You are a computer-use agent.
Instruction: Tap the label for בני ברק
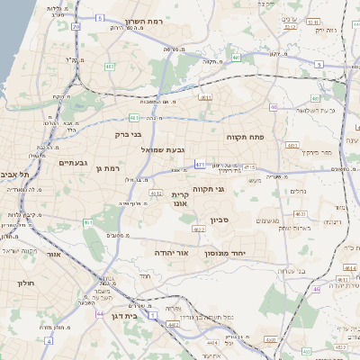coord(129,135)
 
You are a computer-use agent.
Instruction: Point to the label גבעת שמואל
coord(162,150)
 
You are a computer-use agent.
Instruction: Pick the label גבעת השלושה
coord(316,110)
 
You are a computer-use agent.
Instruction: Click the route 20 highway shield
coord(76,27)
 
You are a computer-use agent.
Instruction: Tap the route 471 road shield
coord(199,165)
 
